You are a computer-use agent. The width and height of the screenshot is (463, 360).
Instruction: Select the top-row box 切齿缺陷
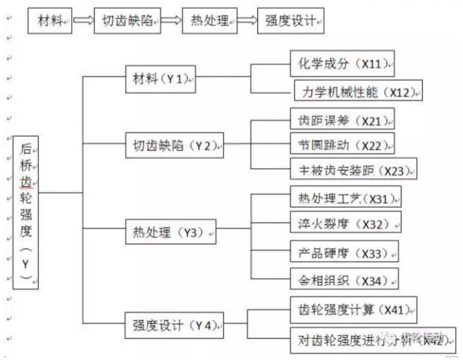127,22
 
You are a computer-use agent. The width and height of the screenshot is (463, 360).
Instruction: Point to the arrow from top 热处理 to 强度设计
246,22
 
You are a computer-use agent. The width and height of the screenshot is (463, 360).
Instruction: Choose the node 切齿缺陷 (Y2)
175,145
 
